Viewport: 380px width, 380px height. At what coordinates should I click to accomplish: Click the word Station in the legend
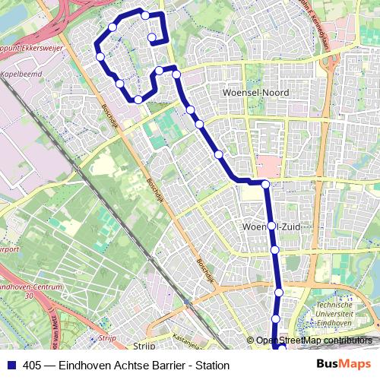pyautogui.click(x=212, y=365)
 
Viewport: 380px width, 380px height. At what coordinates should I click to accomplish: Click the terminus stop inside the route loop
pyautogui.click(x=151, y=37)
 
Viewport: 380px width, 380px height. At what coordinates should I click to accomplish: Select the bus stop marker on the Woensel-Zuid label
pyautogui.click(x=271, y=226)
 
